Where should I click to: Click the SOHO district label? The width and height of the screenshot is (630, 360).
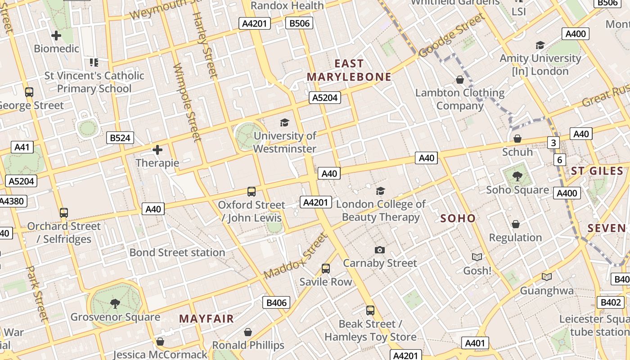(x=458, y=219)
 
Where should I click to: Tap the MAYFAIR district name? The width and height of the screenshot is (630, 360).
(x=207, y=319)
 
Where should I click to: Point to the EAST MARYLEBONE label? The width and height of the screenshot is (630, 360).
(x=349, y=70)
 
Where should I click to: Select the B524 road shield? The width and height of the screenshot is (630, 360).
(x=120, y=138)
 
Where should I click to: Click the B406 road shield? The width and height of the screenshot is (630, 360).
(x=276, y=303)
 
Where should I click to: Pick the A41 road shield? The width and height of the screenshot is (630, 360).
(x=22, y=147)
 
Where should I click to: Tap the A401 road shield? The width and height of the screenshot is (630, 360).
(x=475, y=343)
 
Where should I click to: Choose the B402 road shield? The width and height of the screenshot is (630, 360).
(x=610, y=302)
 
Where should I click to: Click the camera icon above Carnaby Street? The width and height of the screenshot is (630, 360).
(x=380, y=250)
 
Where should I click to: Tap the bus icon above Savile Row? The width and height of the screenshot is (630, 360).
(x=326, y=269)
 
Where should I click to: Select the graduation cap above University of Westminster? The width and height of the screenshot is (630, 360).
(x=284, y=122)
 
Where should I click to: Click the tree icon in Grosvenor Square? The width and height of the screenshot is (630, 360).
(x=115, y=303)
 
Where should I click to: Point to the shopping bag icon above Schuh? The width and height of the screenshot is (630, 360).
(x=517, y=139)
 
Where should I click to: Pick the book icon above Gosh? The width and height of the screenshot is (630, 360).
(x=477, y=257)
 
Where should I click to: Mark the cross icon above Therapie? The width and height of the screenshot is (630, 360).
(x=157, y=149)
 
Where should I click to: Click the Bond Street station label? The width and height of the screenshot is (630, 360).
(x=177, y=252)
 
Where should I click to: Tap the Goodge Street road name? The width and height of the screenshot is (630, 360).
(x=452, y=36)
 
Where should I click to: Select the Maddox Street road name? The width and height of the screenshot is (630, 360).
(x=295, y=256)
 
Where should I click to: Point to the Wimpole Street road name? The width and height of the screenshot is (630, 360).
(x=187, y=102)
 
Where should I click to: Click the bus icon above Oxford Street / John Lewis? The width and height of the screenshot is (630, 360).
(x=252, y=192)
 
